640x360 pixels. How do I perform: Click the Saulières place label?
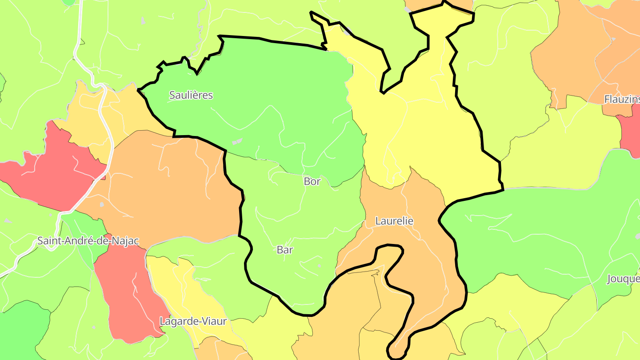[191, 95]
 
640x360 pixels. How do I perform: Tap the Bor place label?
[312, 181]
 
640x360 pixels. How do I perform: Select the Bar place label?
[285, 250]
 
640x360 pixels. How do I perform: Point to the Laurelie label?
[394, 221]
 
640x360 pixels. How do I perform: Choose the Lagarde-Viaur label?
[193, 321]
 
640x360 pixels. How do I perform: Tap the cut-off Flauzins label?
[622, 100]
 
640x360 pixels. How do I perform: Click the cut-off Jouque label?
[623, 279]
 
